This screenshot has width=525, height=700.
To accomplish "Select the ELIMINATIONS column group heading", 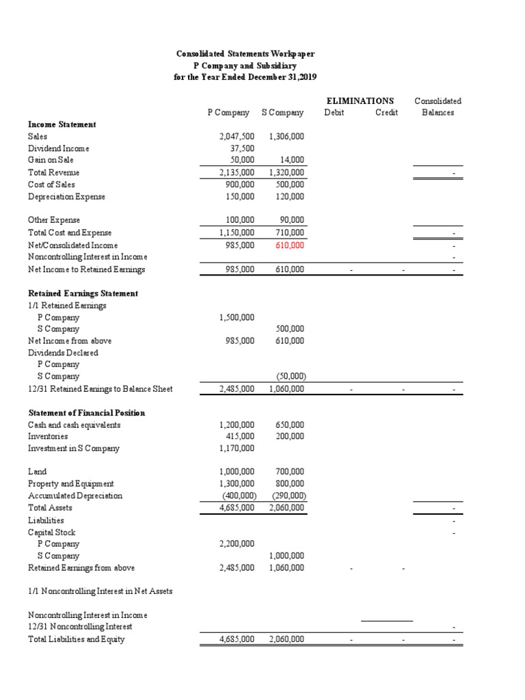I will pos(360,100).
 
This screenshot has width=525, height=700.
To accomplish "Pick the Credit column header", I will pos(386,112).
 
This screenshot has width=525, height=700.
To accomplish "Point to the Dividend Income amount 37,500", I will pos(243,148).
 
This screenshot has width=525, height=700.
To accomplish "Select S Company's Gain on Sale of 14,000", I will pos(293,161).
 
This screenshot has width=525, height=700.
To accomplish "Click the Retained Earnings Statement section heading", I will pos(83,293).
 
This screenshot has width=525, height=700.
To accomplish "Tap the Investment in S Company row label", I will pos(73,448).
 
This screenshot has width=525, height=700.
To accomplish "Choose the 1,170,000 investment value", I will pos(237,448).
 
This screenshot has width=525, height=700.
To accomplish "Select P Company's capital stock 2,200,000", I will pos(237,544).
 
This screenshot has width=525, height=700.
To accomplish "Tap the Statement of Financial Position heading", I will pos(86,413).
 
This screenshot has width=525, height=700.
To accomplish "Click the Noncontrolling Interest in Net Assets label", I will pos(100,591).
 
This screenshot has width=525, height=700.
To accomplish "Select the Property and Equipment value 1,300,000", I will pos(237,484).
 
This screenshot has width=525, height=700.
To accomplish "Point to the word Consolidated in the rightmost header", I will pos(437,100).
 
